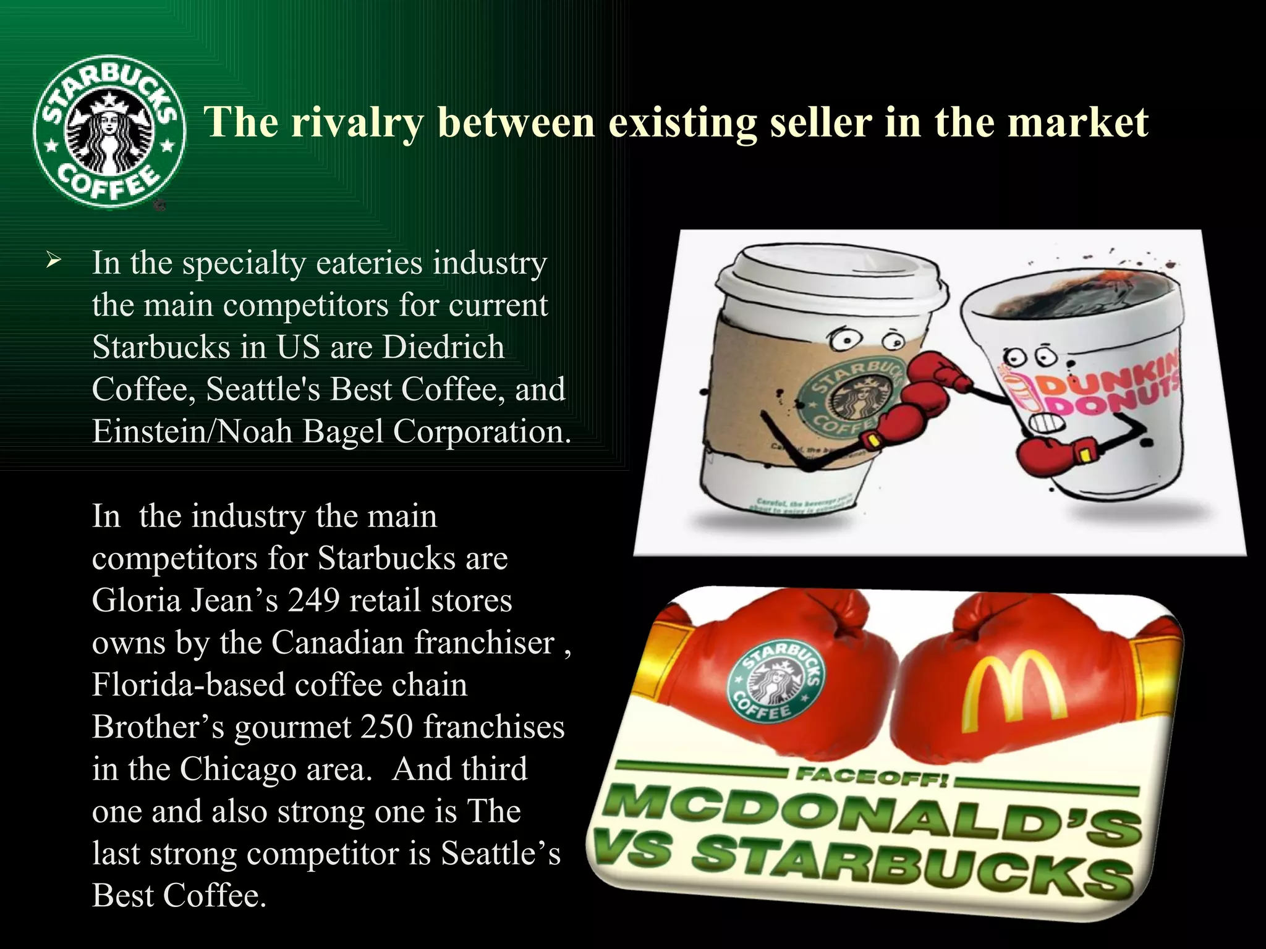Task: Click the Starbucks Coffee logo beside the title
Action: point(109,131)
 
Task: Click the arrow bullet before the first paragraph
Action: point(54,262)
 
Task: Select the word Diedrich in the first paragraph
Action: point(443,347)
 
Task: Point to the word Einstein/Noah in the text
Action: point(192,431)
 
